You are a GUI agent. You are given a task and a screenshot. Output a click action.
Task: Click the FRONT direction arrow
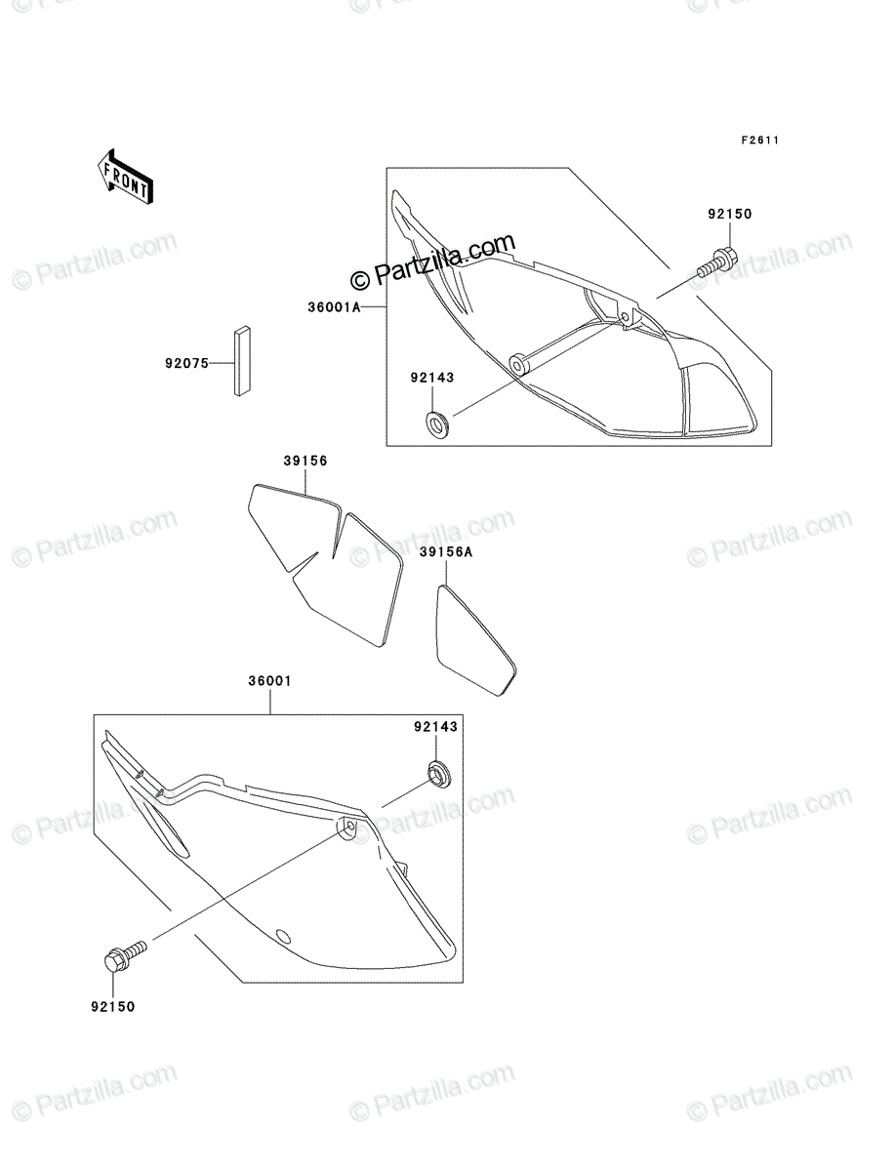tap(125, 177)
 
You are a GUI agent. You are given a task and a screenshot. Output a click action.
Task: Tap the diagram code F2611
tap(760, 140)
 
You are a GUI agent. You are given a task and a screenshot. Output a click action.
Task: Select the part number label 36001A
tap(334, 307)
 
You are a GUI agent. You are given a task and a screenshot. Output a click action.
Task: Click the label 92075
tap(186, 364)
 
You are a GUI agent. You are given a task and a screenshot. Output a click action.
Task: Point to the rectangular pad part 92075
tap(243, 361)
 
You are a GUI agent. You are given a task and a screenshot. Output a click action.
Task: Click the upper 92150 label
tap(730, 214)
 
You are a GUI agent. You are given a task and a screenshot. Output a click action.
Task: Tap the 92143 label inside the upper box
tap(432, 378)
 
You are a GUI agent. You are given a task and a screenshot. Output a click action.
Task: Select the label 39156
tap(305, 461)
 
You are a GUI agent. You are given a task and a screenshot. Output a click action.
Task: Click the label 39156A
tap(446, 551)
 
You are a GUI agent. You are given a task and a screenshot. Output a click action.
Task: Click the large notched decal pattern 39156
tap(326, 565)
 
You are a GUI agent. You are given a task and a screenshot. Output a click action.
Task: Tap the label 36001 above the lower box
tap(270, 681)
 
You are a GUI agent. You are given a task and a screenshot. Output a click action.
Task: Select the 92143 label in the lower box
tap(435, 727)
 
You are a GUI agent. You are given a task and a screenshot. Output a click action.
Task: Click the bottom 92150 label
tap(113, 1007)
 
